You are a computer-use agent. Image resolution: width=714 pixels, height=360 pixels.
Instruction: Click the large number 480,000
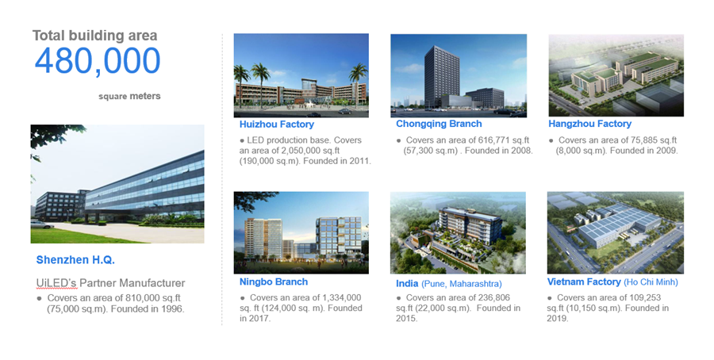point(98,61)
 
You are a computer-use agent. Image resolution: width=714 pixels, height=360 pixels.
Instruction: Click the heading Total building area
point(94,36)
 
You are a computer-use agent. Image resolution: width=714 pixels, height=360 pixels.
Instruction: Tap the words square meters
point(129,97)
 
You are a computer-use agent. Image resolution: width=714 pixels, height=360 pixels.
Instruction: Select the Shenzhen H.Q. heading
point(75,260)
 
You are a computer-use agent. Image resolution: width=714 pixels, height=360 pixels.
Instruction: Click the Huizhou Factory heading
point(277,124)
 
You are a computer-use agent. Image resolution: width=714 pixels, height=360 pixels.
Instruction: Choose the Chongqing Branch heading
point(439,124)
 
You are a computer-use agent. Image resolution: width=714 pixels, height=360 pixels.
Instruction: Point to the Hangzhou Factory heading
point(589,124)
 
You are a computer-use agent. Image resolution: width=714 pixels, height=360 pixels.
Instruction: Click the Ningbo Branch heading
point(274,281)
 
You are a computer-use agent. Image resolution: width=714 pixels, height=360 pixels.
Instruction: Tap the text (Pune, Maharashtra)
point(461,284)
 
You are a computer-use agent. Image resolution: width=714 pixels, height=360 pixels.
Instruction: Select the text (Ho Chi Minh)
point(651,282)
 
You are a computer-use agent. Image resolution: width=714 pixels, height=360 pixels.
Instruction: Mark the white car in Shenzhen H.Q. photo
point(41,224)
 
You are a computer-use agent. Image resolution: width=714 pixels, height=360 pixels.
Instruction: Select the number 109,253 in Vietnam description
point(645,297)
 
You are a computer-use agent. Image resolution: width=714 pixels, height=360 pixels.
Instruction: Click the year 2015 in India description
point(406,319)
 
